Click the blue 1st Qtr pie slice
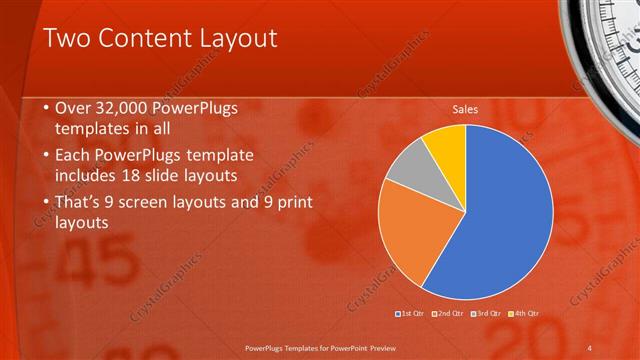pyautogui.click(x=500, y=215)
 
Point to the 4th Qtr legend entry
pyautogui.click(x=528, y=314)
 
